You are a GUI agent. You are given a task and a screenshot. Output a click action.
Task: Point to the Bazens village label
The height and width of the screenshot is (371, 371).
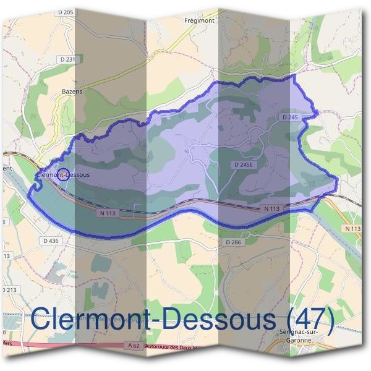tap(72, 92)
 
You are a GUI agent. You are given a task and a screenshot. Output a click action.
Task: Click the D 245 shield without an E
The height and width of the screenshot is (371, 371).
tap(290, 117)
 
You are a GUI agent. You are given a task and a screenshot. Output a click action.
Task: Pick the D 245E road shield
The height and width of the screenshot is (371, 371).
tap(244, 165)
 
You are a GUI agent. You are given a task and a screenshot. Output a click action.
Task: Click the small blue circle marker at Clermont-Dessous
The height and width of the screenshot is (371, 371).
tap(62, 174)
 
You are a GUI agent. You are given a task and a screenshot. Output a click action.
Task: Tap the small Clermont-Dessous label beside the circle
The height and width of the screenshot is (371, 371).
tap(64, 175)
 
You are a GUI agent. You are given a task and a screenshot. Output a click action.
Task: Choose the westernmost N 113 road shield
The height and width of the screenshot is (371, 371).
tap(107, 213)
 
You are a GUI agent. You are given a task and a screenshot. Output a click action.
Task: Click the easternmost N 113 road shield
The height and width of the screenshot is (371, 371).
tap(352, 229)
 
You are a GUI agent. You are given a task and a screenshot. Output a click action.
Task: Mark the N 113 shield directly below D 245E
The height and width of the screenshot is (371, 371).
tap(271, 209)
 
